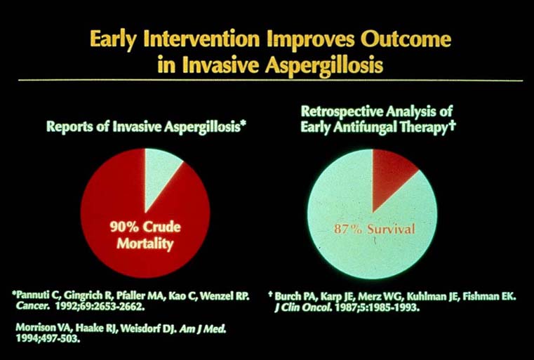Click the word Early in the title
114,39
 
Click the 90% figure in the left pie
125,227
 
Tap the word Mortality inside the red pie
145,244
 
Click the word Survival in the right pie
391,229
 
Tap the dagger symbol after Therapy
452,126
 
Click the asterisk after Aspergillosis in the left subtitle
243,125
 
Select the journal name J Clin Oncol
303,307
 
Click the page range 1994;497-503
48,339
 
